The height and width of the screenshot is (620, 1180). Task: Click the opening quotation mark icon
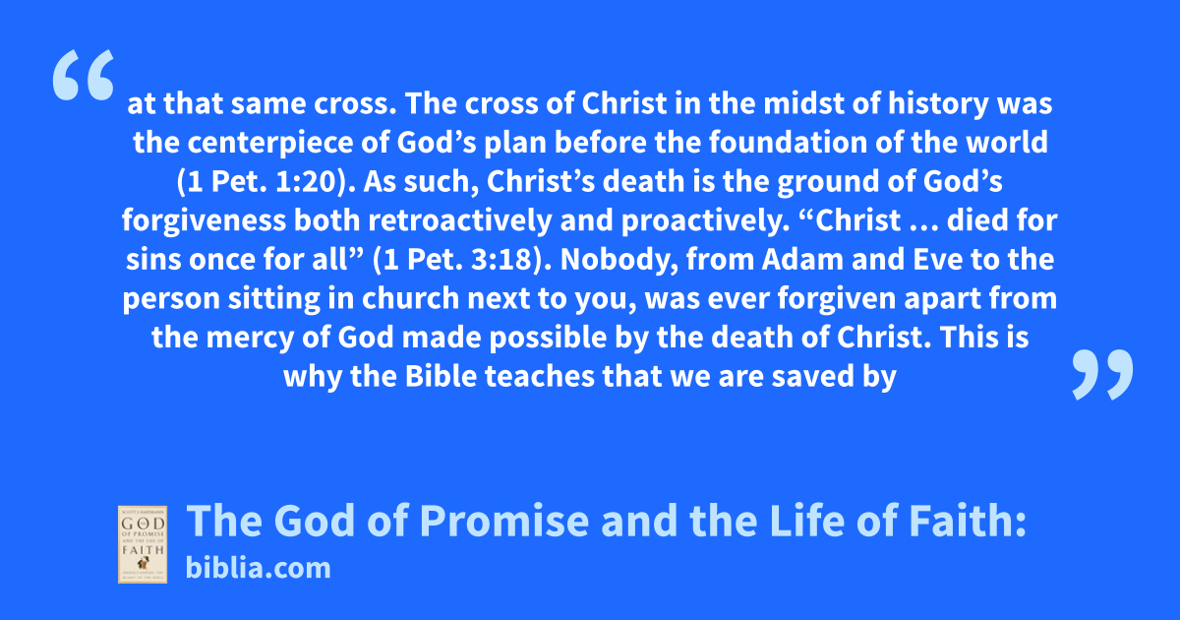click(x=84, y=75)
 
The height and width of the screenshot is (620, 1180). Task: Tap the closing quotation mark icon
click(x=1102, y=374)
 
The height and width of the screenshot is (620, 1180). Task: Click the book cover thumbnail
click(x=143, y=544)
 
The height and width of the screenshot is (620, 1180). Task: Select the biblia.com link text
click(x=258, y=569)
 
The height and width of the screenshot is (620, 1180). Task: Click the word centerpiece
click(x=269, y=143)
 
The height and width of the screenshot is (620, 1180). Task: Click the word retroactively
click(x=459, y=220)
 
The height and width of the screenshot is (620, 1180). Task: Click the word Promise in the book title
click(x=504, y=521)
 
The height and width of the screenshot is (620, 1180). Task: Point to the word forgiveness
click(x=204, y=220)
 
